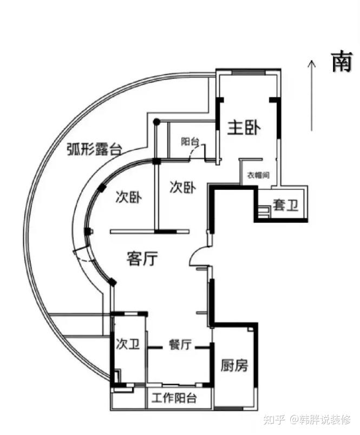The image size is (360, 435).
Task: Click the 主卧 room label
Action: (244, 128)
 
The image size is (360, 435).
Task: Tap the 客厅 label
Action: (142, 259)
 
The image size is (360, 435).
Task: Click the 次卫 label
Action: (128, 343)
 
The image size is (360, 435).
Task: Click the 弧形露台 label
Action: (94, 149)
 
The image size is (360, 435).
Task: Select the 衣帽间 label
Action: (258, 175)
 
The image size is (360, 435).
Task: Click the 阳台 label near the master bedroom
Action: (190, 142)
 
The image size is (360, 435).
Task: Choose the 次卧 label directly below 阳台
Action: (182, 187)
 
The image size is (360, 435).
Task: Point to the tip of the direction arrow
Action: (312, 61)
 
